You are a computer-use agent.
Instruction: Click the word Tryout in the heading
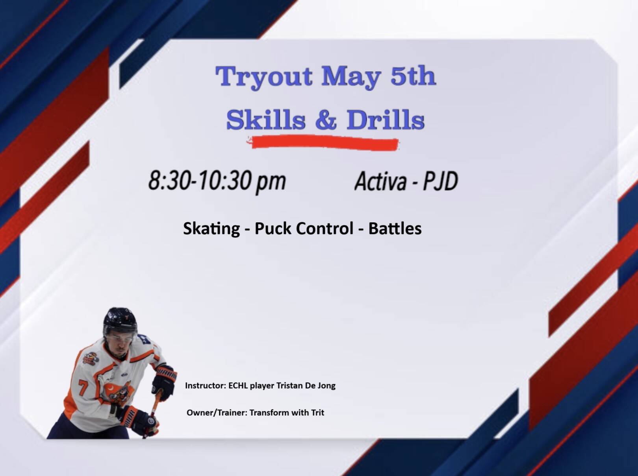click(x=263, y=77)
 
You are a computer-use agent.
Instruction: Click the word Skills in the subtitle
click(x=266, y=120)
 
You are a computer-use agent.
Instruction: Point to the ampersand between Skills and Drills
click(x=326, y=120)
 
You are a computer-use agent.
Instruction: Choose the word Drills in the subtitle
click(x=386, y=120)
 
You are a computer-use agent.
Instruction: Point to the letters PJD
click(x=440, y=181)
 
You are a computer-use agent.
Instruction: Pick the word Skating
click(x=211, y=229)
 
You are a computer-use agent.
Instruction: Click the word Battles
click(x=395, y=228)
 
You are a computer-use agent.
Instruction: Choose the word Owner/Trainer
click(x=217, y=413)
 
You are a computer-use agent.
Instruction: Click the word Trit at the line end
click(x=318, y=413)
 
